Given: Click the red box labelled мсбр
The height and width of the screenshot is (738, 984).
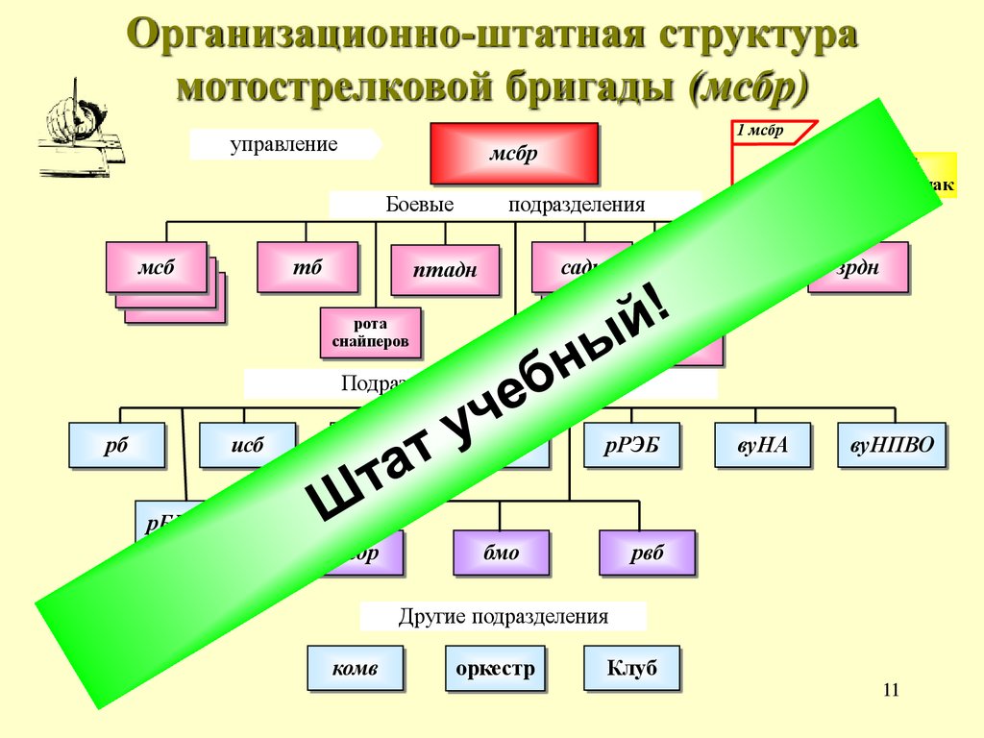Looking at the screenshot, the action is [513, 153].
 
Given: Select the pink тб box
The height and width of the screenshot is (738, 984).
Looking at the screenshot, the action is [307, 267].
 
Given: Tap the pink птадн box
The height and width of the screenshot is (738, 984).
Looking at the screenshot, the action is [445, 270].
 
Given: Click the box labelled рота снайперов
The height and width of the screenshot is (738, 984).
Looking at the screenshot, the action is [370, 332].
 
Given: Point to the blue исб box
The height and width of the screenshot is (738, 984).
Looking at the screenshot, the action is [247, 445].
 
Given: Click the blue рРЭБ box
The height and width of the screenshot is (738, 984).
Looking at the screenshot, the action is [631, 445].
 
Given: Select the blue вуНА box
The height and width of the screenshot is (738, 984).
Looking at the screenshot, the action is [763, 445].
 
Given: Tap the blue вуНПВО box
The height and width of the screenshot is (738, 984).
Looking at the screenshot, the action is [892, 445].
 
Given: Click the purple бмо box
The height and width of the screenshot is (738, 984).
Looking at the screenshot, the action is [501, 553].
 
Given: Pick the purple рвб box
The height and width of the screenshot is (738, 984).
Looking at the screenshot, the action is [647, 553].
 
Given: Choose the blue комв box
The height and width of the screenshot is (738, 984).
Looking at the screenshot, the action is [355, 668].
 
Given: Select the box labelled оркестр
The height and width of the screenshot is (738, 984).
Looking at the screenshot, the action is [494, 668].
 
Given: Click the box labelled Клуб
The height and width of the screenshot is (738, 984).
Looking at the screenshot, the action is [631, 668].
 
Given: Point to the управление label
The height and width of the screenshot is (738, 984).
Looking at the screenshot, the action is [283, 144].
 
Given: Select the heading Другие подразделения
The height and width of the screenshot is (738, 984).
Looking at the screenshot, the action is [503, 617].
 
